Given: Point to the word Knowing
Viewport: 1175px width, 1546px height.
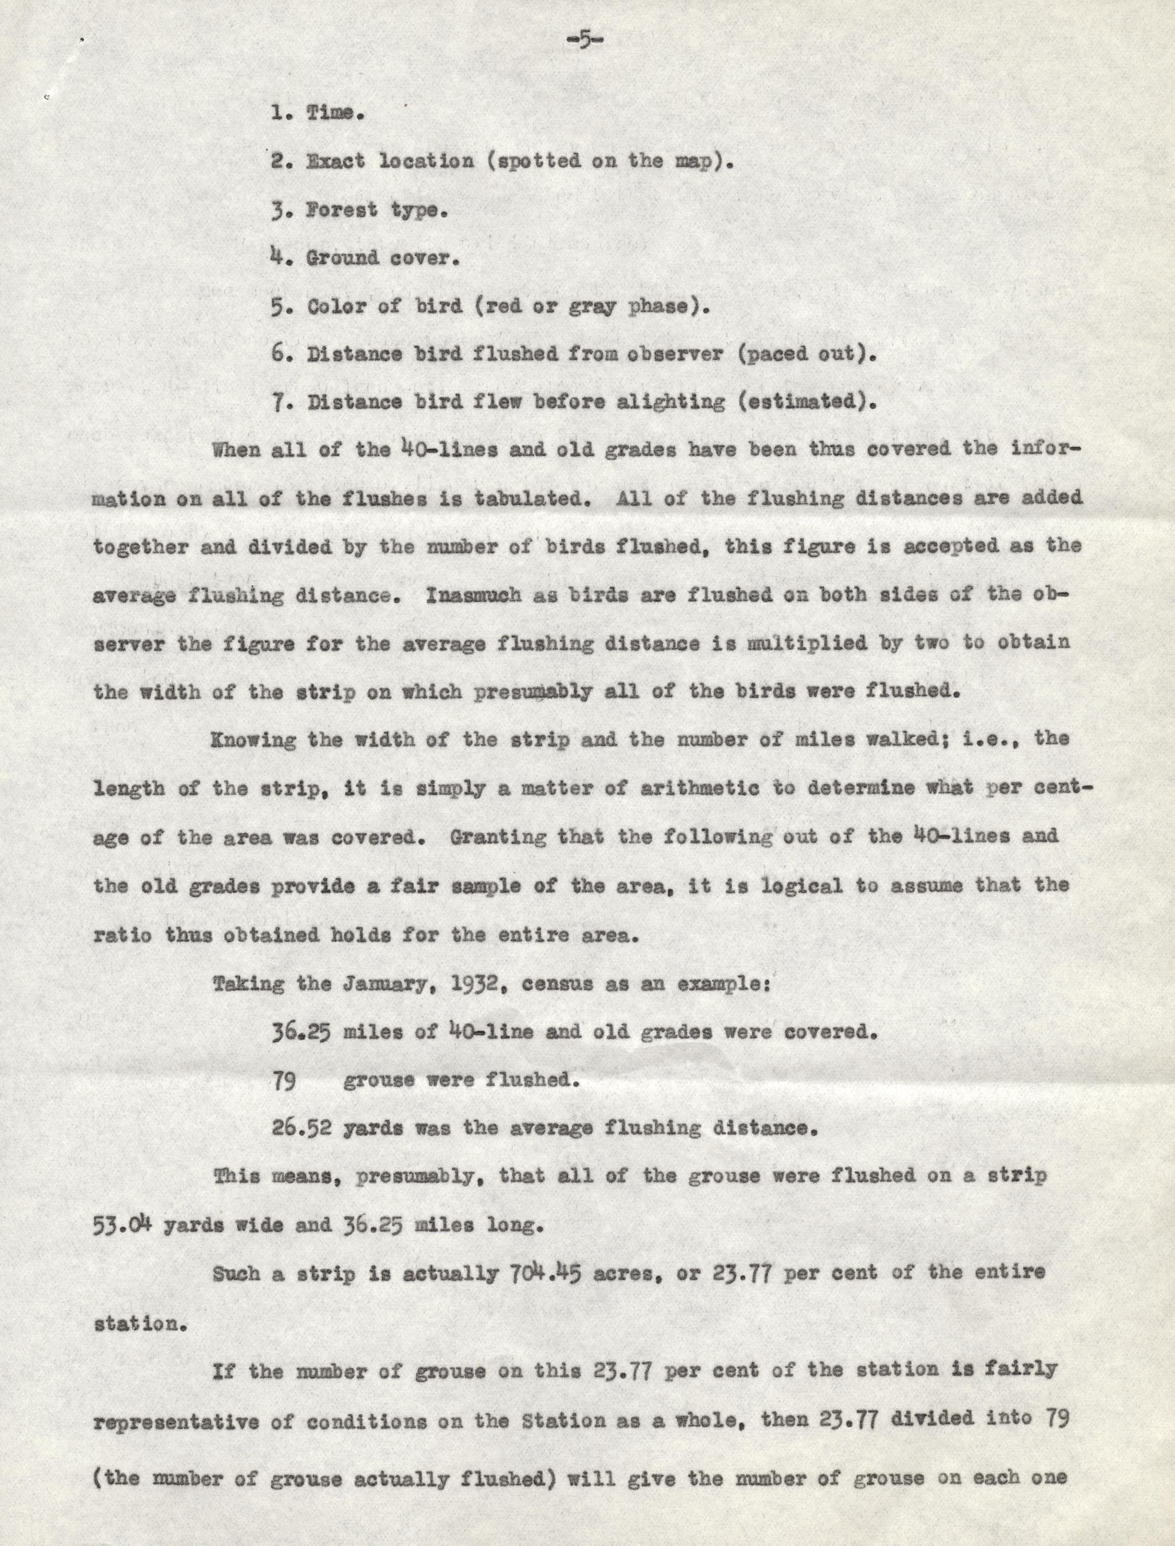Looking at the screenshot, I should [254, 740].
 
